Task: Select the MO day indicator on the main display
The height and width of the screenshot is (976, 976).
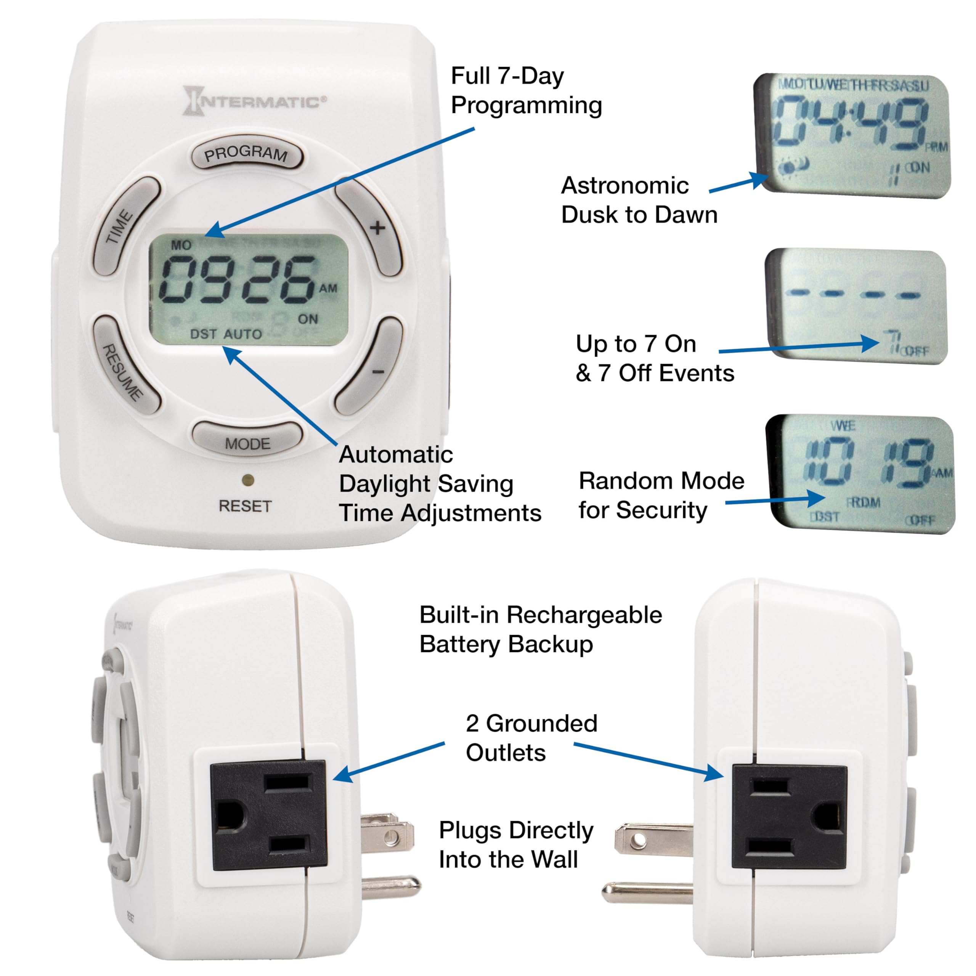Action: (181, 246)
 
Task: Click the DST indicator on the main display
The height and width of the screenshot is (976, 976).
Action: (203, 334)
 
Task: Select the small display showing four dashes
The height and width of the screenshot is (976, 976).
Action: (855, 306)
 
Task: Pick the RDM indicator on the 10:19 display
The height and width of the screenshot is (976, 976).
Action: (864, 502)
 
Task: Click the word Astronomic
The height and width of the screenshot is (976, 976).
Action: (624, 185)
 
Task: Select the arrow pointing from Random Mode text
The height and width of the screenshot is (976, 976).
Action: (775, 500)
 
